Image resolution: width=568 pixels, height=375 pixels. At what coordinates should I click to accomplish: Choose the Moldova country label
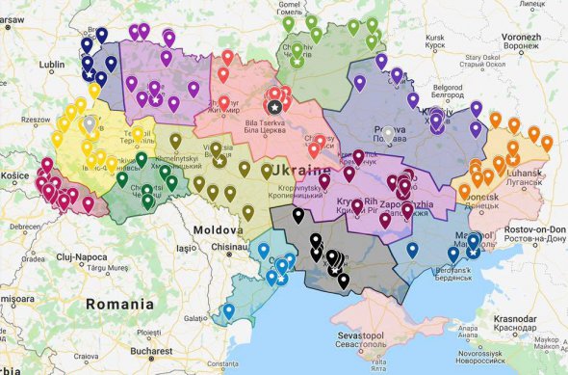coord(217,231)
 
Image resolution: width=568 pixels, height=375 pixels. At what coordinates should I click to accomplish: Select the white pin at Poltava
coord(388,132)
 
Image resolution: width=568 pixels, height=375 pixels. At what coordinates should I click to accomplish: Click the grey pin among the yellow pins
coord(90,123)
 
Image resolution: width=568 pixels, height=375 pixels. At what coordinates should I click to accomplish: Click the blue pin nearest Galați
coord(228,310)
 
